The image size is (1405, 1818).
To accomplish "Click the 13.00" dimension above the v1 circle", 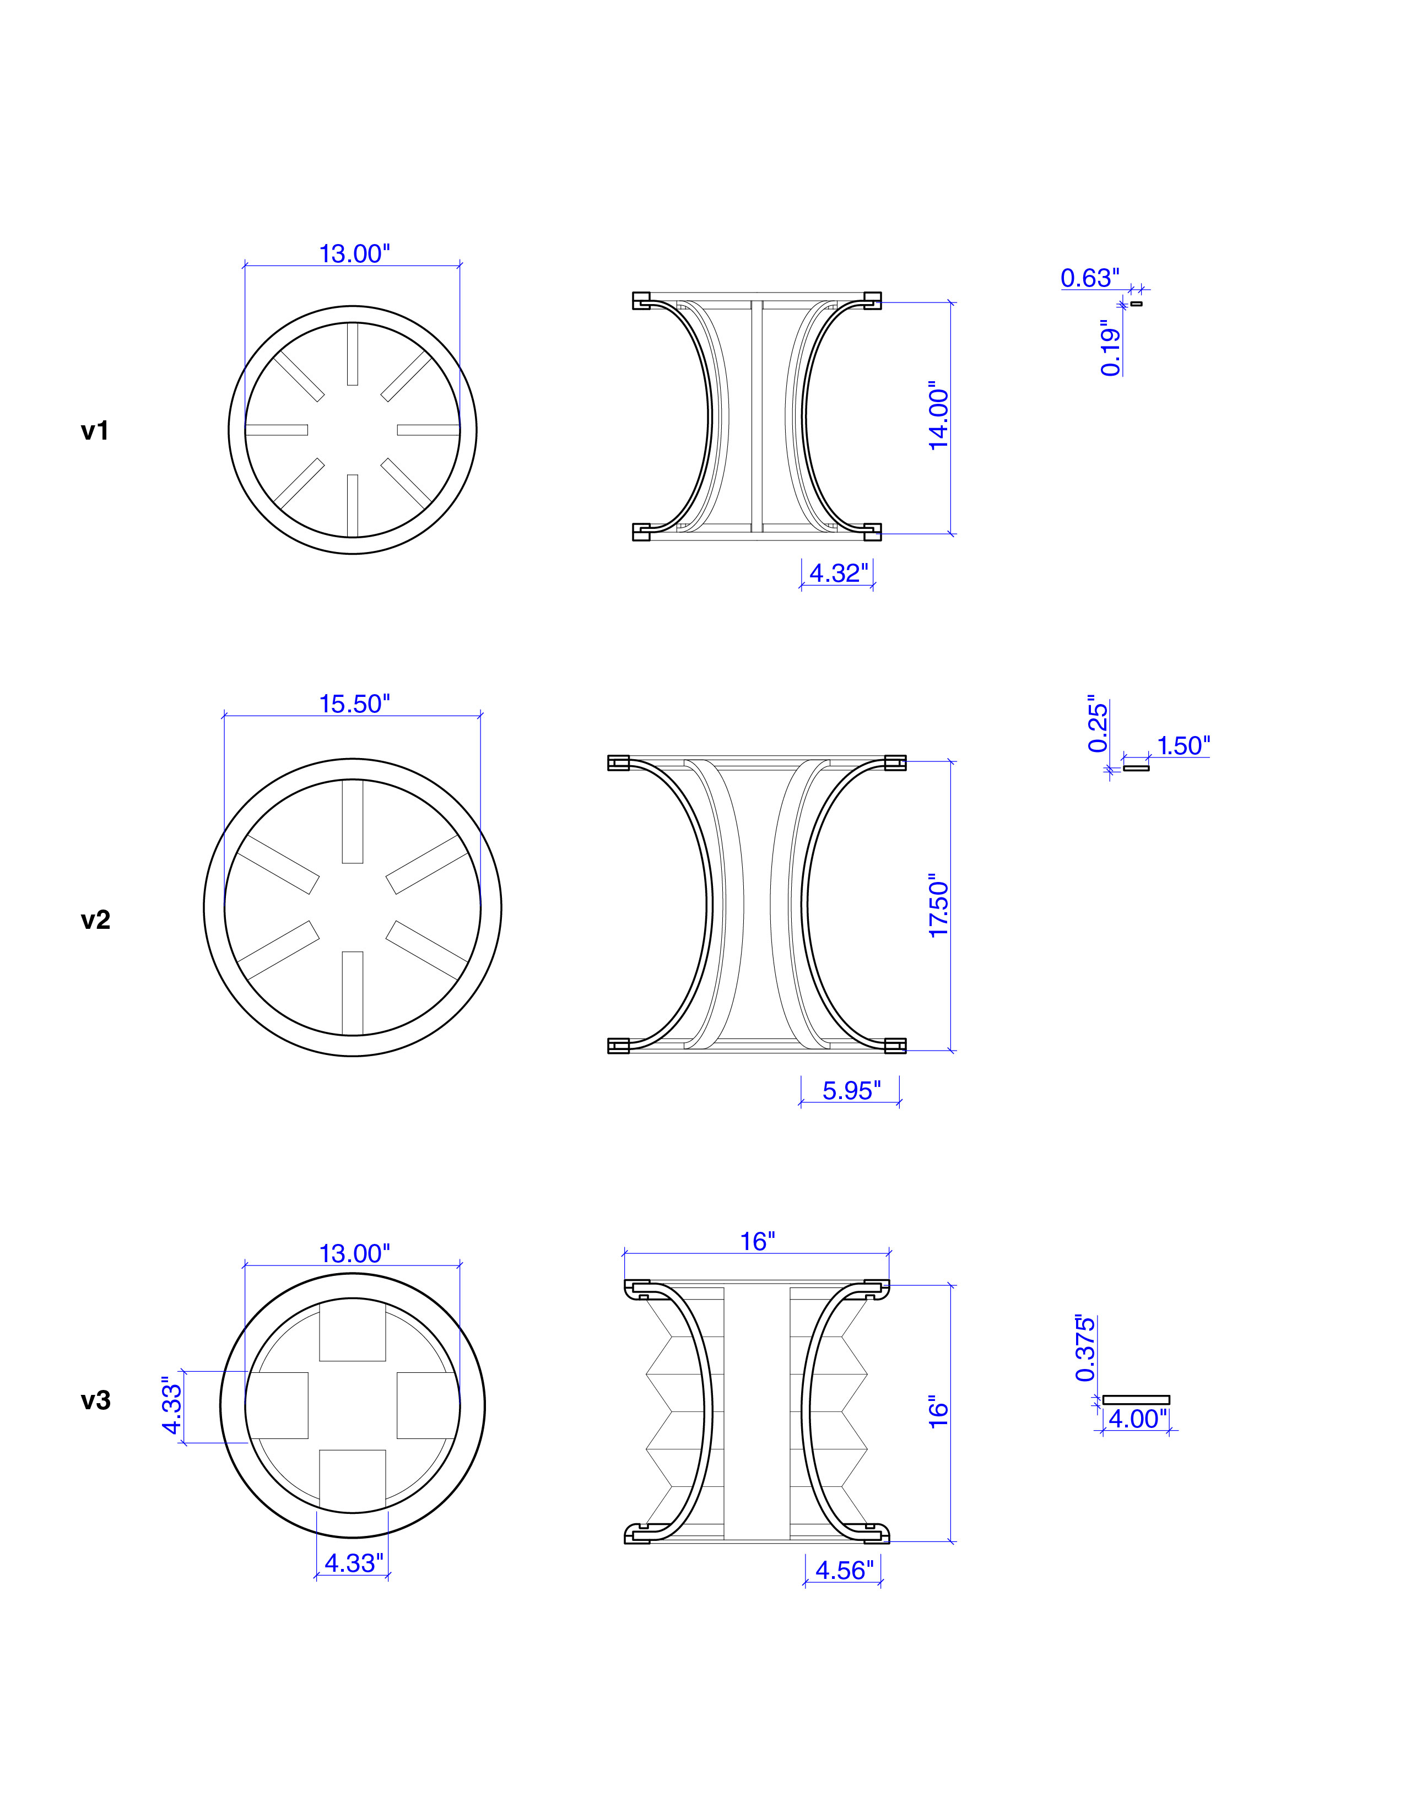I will click(x=354, y=254).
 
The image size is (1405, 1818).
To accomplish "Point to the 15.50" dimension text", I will click(x=354, y=704).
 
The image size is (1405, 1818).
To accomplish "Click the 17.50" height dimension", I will click(x=938, y=906).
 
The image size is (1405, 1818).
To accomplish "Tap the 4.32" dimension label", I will click(x=838, y=573).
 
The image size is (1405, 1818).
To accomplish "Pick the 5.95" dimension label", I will click(x=851, y=1090).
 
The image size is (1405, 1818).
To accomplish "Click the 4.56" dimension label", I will click(x=844, y=1570).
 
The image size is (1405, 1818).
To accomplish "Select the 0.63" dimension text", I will click(x=1089, y=278).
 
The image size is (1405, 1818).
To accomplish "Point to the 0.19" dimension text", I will click(x=1110, y=348).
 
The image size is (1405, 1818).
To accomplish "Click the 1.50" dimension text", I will click(x=1183, y=746).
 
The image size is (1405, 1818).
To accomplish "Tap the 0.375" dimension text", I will click(x=1084, y=1349).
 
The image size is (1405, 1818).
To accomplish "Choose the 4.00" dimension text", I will click(x=1137, y=1419).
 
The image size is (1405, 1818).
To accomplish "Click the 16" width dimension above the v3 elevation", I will click(x=758, y=1241).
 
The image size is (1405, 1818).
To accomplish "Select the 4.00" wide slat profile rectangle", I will click(x=1136, y=1399).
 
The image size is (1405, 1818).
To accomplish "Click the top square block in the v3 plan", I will click(x=352, y=1331).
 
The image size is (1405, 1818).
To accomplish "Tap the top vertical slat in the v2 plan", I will click(x=352, y=821).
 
